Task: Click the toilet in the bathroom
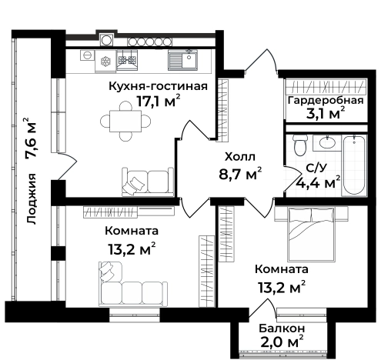(300, 145)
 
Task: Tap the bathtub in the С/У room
(354, 165)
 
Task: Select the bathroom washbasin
(327, 142)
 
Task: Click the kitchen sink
(182, 60)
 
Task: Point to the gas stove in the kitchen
(127, 60)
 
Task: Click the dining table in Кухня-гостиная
(125, 121)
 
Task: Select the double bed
(311, 235)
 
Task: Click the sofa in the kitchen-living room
(148, 182)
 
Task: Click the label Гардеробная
(326, 101)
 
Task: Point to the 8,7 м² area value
(240, 174)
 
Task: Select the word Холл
(240, 157)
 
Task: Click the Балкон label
(282, 328)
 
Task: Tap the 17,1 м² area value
(159, 102)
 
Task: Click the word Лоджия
(32, 198)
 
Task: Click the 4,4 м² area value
(318, 182)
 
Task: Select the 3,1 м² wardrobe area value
(325, 114)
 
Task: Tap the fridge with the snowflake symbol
(105, 61)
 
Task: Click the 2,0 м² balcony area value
(282, 342)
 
